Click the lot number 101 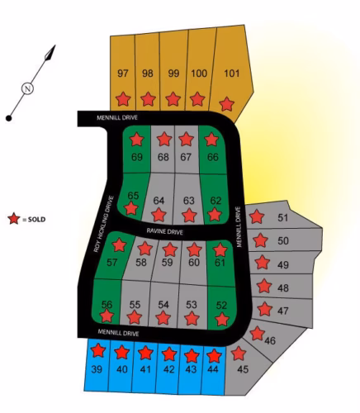(x=232, y=74)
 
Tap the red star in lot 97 (x=123, y=99)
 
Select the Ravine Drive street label (x=164, y=231)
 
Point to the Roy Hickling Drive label (x=103, y=224)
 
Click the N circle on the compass (x=27, y=88)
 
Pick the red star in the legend (x=14, y=219)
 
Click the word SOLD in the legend (x=36, y=220)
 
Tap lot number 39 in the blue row (x=97, y=369)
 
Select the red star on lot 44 (x=214, y=355)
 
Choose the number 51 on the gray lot (x=282, y=218)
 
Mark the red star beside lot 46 (x=258, y=334)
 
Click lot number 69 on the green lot (x=137, y=157)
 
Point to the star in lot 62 (x=215, y=214)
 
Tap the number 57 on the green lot (x=111, y=262)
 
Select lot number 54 (x=163, y=305)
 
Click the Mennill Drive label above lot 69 (x=117, y=117)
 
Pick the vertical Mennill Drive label (x=239, y=226)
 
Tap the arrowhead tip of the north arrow (x=55, y=45)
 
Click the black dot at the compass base (x=9, y=118)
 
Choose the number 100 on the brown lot (x=199, y=74)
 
